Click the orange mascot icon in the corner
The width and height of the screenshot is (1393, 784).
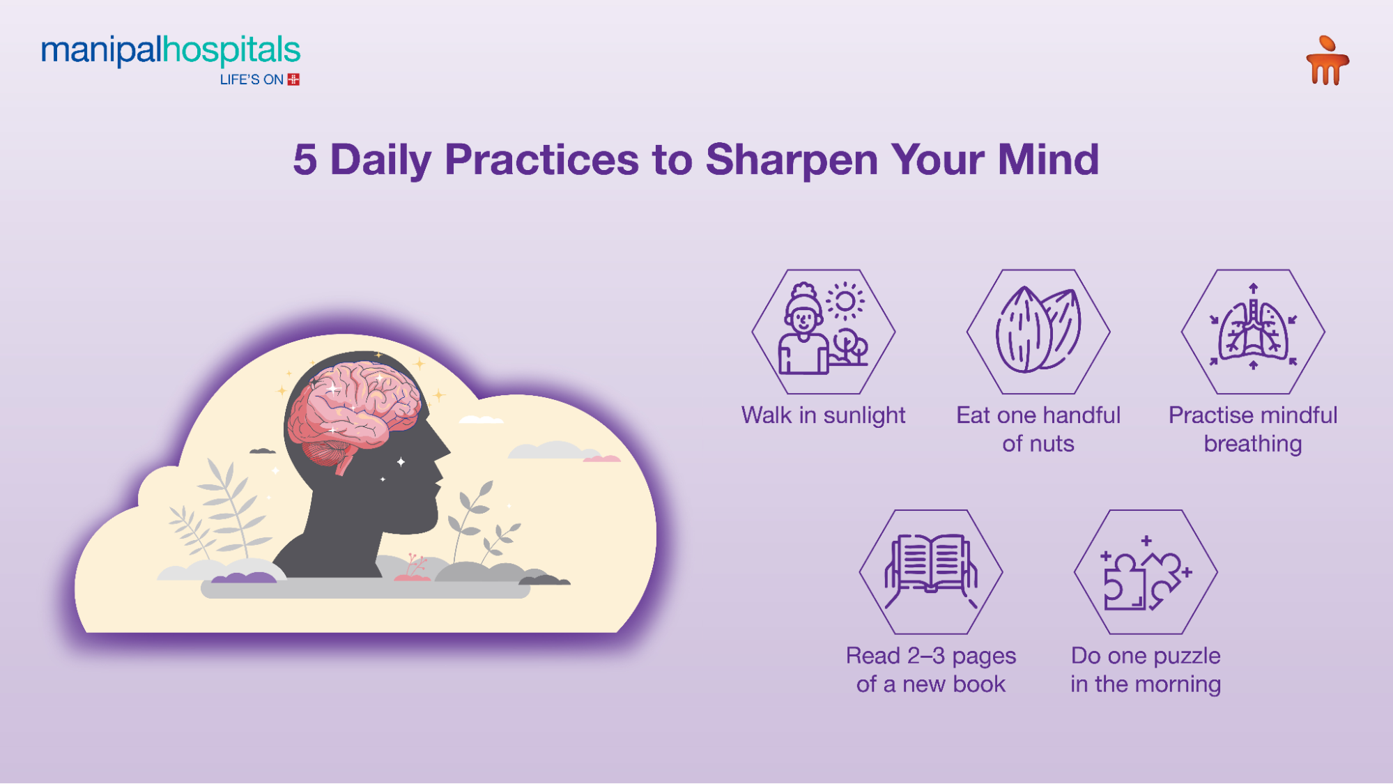click(x=1327, y=61)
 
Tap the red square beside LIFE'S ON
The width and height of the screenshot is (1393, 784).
click(x=293, y=79)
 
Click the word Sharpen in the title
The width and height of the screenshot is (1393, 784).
click(x=792, y=160)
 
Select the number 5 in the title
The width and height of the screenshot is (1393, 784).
click(x=305, y=160)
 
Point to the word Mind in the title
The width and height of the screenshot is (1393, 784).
click(x=1048, y=159)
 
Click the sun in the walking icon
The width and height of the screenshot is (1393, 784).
click(x=845, y=301)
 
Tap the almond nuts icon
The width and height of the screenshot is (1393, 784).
click(x=1038, y=330)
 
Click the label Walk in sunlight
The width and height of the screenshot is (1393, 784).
click(x=823, y=415)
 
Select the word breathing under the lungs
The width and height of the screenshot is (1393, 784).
click(x=1253, y=445)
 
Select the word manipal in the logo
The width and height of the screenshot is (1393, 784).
click(x=102, y=51)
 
